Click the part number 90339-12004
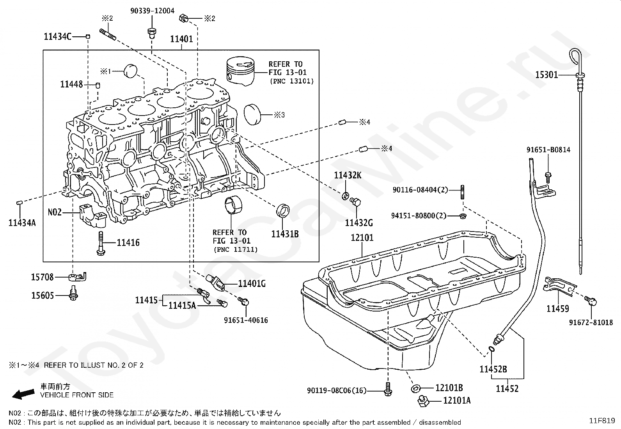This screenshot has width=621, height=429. (153, 11)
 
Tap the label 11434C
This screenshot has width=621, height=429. (57, 36)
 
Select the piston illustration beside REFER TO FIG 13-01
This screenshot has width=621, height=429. (240, 71)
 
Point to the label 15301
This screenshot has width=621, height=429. (546, 75)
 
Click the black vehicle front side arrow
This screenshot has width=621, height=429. (23, 394)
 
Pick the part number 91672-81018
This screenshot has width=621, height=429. (591, 322)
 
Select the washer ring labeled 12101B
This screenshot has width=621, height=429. (415, 389)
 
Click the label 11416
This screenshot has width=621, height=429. (128, 242)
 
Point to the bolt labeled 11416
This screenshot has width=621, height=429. (101, 243)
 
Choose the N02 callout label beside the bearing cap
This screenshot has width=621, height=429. (55, 212)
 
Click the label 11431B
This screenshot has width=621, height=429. (285, 234)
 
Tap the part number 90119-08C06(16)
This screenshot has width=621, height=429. (337, 390)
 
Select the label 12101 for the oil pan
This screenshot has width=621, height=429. (362, 238)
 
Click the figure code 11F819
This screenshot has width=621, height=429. (602, 421)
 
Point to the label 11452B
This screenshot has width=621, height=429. (493, 369)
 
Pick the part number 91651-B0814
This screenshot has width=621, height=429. (548, 150)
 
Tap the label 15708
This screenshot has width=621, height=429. (42, 277)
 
